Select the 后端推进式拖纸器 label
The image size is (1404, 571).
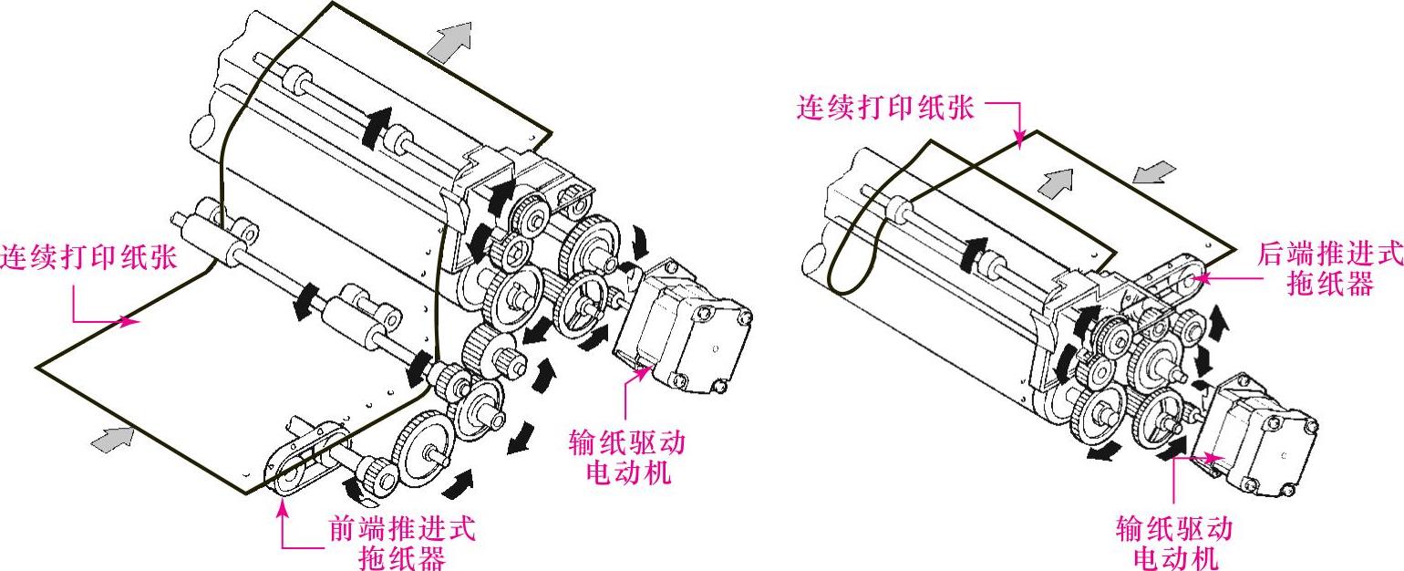1329,268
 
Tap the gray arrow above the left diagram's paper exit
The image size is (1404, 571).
450,42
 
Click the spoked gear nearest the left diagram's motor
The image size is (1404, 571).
580,302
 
